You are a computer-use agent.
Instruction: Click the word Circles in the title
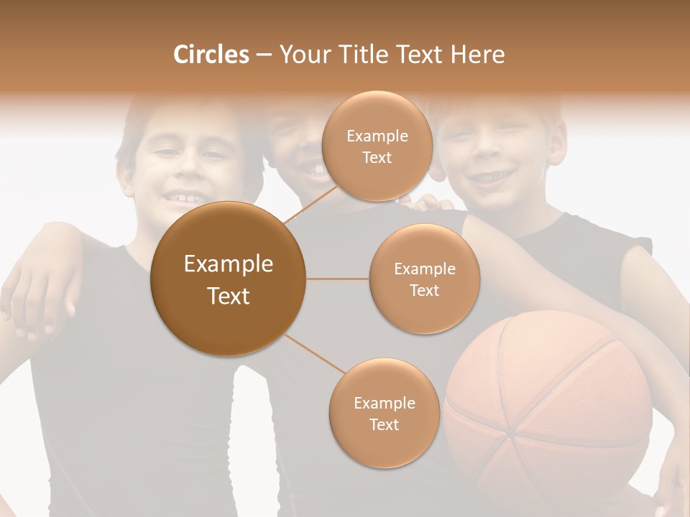pos(211,55)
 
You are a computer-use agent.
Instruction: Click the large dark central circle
pos(228,279)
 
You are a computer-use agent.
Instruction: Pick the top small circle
pos(377,146)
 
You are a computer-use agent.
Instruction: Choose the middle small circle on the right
pos(424,279)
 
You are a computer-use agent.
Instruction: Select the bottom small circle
pos(384,414)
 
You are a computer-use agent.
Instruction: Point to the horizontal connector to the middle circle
pos(338,279)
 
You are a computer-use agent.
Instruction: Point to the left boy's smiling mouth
pos(183,195)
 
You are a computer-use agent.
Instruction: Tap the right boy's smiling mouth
pos(495,177)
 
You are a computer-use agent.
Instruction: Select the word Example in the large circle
pos(228,264)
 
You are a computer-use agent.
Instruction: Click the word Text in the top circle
pos(377,158)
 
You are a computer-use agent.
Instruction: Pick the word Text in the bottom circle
pos(384,424)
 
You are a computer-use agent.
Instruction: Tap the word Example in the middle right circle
pos(424,269)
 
